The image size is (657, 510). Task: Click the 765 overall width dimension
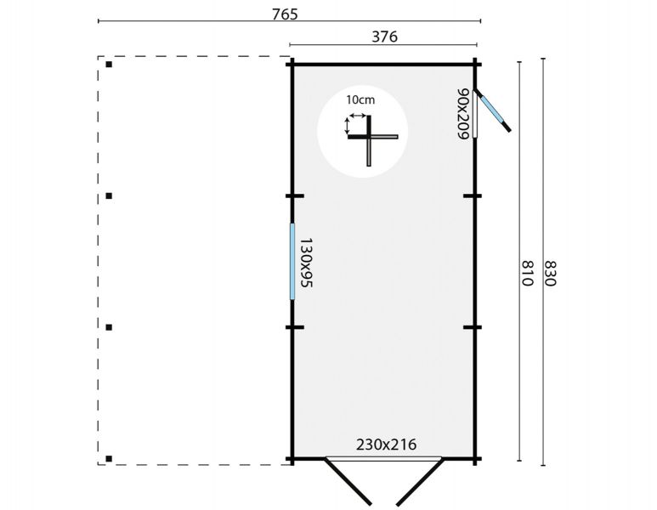(285, 14)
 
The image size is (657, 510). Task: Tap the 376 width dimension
(385, 37)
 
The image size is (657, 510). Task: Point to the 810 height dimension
(528, 273)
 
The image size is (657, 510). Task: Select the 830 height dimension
(550, 273)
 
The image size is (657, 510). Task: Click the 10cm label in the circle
(360, 99)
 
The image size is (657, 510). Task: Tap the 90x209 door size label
(462, 114)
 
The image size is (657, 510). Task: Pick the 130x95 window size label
(307, 263)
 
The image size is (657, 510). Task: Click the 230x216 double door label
(387, 445)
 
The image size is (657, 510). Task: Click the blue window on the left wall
(292, 262)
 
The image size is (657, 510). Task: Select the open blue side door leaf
(492, 110)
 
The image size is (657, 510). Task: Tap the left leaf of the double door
(348, 481)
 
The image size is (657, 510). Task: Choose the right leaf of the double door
(419, 481)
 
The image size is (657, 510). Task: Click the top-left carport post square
(109, 65)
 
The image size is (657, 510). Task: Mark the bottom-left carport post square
(109, 459)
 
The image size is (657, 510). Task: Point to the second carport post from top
(109, 195)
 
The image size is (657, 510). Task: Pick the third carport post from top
(109, 327)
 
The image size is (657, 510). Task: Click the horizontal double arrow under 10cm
(358, 116)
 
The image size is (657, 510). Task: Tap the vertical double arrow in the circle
(347, 126)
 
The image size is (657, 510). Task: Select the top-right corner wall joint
(475, 65)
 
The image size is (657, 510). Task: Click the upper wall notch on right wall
(473, 195)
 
